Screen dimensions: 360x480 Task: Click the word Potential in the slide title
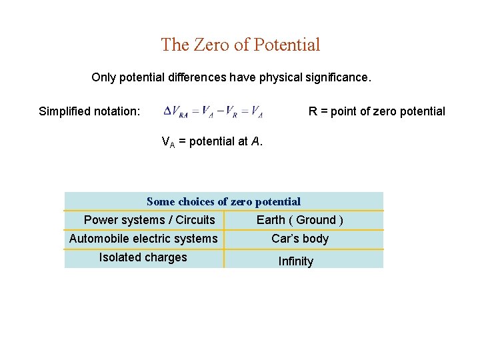286,45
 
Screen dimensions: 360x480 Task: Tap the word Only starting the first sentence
104,77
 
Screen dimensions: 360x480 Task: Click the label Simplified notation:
89,111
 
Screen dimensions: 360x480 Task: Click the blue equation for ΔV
213,112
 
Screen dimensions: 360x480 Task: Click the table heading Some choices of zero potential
223,201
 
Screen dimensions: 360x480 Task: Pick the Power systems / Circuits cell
149,220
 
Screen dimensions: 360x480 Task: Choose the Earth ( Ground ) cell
300,220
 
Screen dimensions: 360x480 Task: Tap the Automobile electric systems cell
143,239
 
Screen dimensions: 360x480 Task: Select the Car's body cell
300,239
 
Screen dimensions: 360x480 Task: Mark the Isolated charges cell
143,257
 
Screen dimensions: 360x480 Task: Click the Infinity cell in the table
296,261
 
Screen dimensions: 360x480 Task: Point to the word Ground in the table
316,220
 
